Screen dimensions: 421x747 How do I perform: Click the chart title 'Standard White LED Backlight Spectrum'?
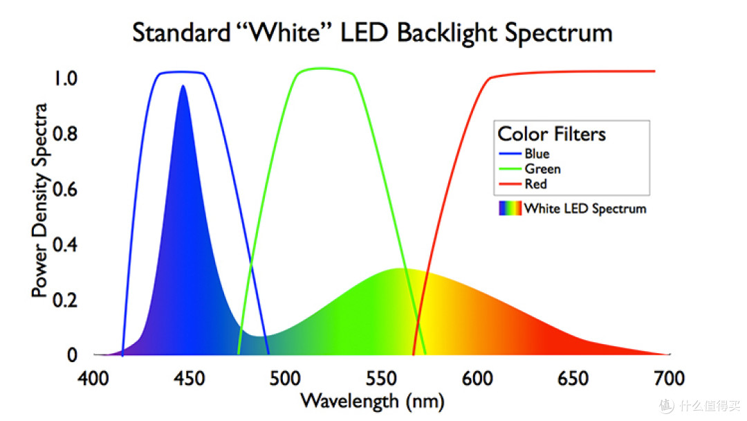(x=372, y=33)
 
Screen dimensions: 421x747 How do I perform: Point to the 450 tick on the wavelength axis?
(x=187, y=379)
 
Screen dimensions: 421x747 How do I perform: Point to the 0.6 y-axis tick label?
(x=68, y=189)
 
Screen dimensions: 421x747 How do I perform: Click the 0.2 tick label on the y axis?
(x=68, y=300)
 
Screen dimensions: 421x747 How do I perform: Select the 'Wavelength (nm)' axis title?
(x=372, y=401)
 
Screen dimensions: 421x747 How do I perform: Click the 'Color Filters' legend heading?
(x=551, y=134)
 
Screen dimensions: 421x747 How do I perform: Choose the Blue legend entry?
(x=537, y=154)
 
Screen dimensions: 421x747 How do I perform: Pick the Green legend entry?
(x=542, y=169)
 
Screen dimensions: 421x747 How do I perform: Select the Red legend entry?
(x=535, y=184)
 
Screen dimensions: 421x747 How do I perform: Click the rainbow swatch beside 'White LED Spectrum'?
(x=510, y=208)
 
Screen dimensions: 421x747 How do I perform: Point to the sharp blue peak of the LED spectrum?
(x=183, y=89)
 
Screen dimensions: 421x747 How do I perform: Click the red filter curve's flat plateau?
(x=574, y=72)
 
